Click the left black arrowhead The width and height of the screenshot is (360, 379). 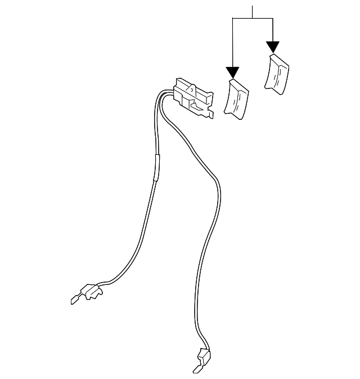[232, 73]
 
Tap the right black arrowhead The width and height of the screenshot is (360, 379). [273, 47]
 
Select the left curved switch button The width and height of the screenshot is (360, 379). [236, 99]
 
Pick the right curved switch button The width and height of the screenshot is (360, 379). [277, 73]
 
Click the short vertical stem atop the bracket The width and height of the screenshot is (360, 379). [253, 11]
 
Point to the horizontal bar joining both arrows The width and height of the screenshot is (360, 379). [253, 18]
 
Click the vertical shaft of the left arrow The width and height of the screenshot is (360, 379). [232, 42]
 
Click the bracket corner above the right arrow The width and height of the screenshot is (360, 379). [273, 18]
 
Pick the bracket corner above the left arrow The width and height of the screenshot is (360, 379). [232, 18]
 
